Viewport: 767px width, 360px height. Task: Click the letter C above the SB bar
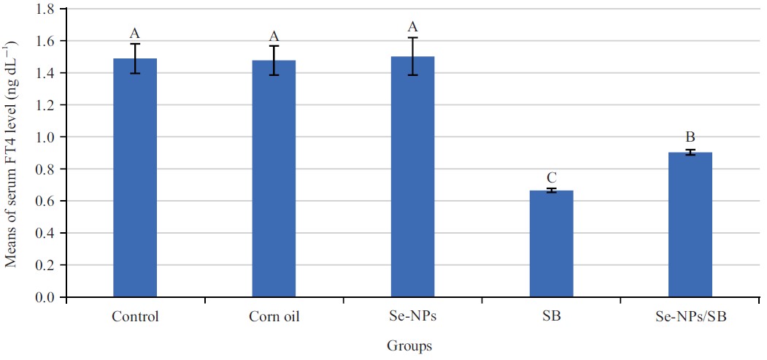point(552,177)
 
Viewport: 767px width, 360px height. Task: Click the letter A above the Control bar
point(135,33)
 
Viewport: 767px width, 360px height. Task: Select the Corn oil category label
point(274,318)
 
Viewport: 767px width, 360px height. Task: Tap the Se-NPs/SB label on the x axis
point(690,318)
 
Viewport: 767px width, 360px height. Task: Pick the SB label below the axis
point(552,318)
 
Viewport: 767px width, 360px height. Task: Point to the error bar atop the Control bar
point(135,58)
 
